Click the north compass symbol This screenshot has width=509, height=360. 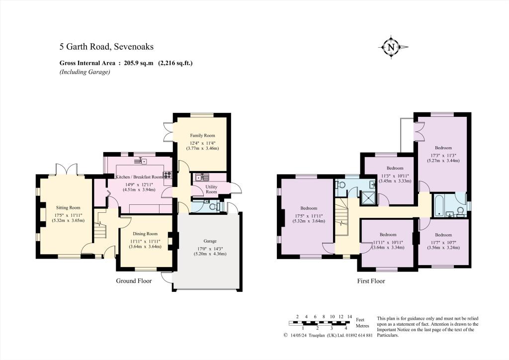(391, 47)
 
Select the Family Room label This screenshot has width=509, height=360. (202, 135)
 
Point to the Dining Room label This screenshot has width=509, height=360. (145, 234)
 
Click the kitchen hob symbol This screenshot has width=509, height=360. (168, 175)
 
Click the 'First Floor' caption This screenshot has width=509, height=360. (371, 281)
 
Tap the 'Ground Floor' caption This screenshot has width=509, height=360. (134, 280)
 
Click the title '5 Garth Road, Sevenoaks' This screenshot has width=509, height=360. (106, 47)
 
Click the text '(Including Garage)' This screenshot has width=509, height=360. (85, 72)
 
